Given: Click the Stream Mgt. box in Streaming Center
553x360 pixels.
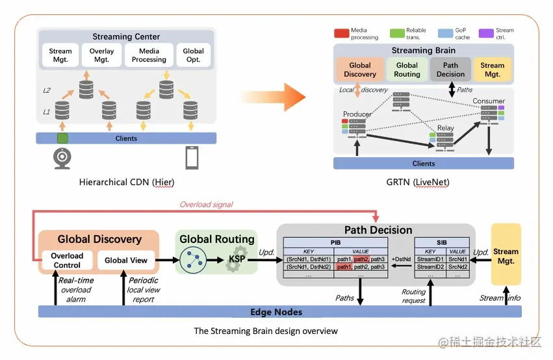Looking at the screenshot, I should click(x=60, y=55).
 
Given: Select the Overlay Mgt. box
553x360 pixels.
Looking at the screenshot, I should click(x=101, y=55).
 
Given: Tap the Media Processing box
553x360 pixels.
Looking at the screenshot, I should click(x=149, y=55).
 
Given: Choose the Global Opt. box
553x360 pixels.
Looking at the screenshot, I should click(x=193, y=55).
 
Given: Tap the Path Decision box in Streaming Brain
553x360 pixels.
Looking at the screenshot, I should click(x=450, y=70).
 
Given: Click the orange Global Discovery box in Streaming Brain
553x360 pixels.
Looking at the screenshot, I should click(x=359, y=70).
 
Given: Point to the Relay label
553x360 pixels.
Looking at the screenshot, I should click(x=445, y=128).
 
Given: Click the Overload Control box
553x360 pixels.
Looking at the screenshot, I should click(x=67, y=260).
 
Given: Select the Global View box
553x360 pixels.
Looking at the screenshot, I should click(x=126, y=260).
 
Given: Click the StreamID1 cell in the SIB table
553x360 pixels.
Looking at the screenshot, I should click(x=430, y=259).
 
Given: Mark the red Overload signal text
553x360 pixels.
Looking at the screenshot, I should click(x=206, y=204).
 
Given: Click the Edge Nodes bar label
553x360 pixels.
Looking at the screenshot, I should click(x=276, y=312).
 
